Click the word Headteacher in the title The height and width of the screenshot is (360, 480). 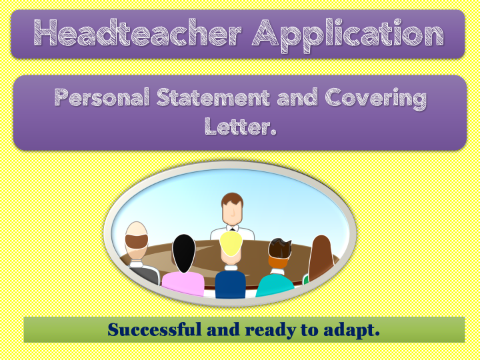coord(137,33)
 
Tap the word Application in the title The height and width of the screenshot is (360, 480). coord(348,35)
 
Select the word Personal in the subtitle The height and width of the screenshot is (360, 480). coord(102,97)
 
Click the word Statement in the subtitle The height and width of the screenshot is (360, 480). coord(213,97)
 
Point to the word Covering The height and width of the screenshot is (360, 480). coord(375,99)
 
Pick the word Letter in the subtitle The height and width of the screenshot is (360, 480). coord(237,126)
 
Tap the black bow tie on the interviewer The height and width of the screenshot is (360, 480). coord(233,229)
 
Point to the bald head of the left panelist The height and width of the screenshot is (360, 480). coord(137,229)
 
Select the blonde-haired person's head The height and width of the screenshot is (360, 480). coord(231,247)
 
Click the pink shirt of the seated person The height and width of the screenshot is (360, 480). coord(183,284)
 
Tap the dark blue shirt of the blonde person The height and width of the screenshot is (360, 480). coord(230,283)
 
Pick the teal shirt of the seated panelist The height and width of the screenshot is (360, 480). coord(275,285)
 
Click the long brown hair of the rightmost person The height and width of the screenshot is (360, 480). coord(321,258)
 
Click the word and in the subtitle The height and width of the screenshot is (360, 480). coord(297,97)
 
